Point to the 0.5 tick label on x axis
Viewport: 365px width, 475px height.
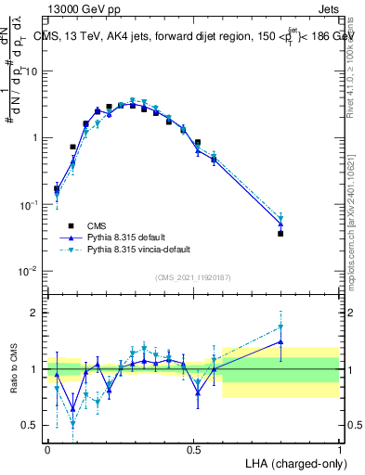point(193,448)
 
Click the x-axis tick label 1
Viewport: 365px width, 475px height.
point(340,448)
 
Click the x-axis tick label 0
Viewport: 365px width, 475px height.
point(48,448)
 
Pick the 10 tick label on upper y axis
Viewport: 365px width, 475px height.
point(32,71)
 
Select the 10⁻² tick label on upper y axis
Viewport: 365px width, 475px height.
point(30,271)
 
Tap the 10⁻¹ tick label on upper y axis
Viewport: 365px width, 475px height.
point(30,204)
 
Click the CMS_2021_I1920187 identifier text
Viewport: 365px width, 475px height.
point(193,277)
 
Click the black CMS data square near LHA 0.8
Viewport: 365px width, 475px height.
point(280,234)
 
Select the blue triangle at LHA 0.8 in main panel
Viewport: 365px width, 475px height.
point(280,225)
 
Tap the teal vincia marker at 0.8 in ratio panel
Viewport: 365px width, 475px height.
point(280,327)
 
